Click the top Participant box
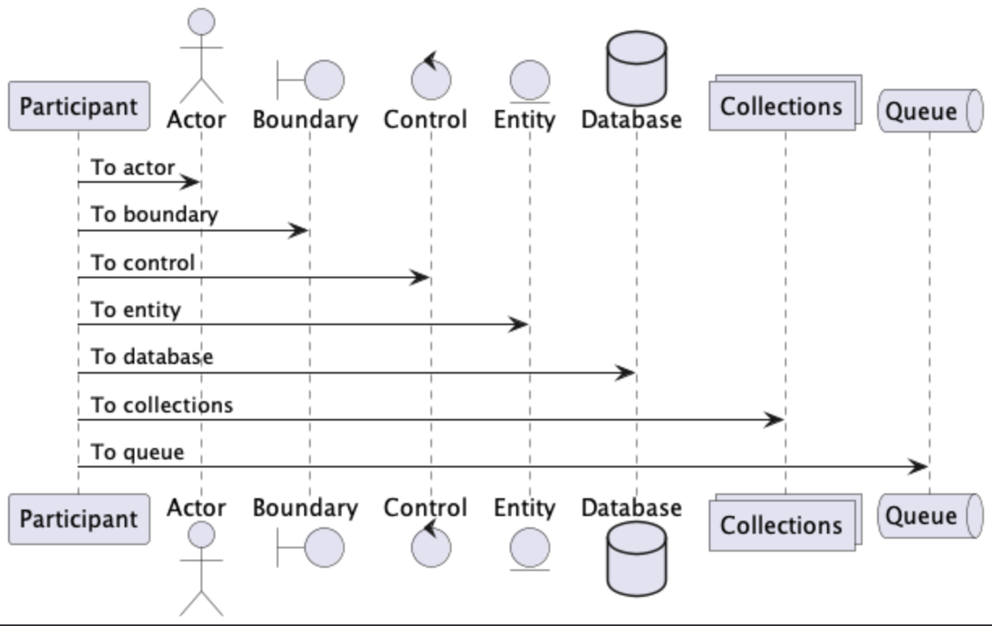click(x=78, y=106)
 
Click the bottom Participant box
click(x=78, y=519)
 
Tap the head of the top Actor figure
click(x=201, y=22)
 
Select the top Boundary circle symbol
click(x=324, y=79)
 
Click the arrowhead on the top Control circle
click(x=430, y=60)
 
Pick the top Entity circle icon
click(x=530, y=81)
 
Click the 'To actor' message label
click(x=132, y=167)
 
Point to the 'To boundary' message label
click(x=154, y=215)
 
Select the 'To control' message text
click(x=142, y=263)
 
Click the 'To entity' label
click(x=135, y=311)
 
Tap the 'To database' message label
click(x=151, y=357)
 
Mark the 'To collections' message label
click(x=161, y=405)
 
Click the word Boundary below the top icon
click(x=305, y=121)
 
